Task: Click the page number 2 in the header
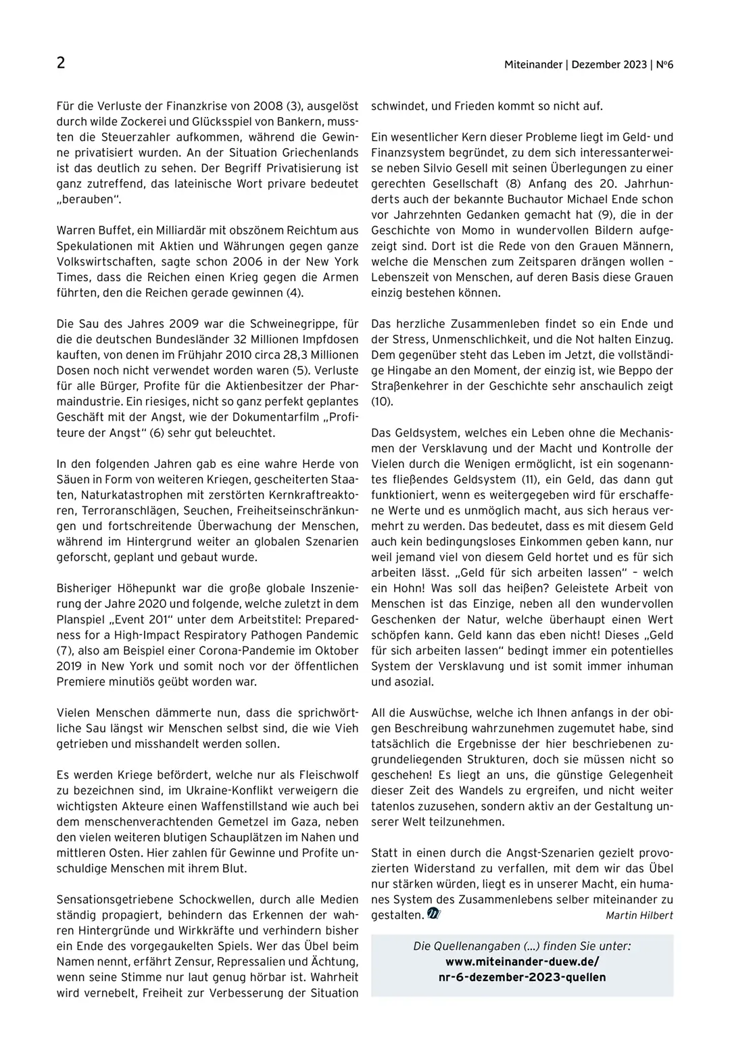(x=61, y=64)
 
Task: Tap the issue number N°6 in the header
(x=664, y=65)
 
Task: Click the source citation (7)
(x=65, y=650)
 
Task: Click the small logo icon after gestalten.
(x=434, y=914)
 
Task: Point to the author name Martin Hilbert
(x=639, y=915)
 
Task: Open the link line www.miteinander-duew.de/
(x=522, y=961)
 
